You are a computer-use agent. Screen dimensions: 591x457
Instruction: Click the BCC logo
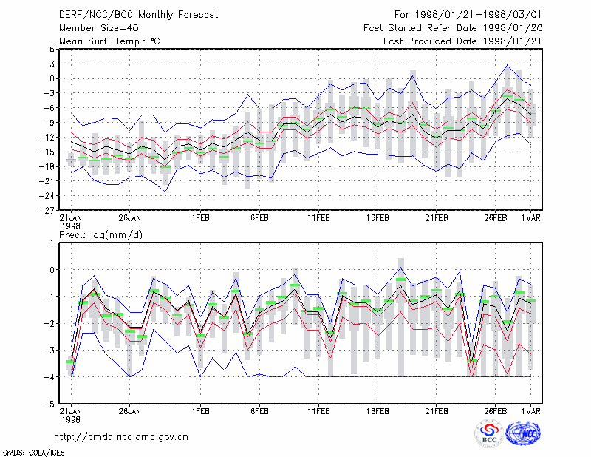coord(488,433)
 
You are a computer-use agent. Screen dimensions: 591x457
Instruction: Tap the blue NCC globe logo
coord(523,433)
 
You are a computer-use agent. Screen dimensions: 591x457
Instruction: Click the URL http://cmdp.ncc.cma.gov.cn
coord(121,437)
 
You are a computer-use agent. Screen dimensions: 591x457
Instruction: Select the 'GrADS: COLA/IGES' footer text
coord(33,453)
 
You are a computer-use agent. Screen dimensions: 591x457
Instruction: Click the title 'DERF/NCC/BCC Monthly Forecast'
coord(138,15)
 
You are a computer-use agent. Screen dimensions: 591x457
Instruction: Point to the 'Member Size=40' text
coord(99,28)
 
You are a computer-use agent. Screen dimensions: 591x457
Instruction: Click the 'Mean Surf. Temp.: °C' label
coord(109,41)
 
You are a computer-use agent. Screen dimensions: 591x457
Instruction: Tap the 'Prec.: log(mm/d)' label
coord(100,235)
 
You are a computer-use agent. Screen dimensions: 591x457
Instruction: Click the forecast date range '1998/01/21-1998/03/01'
coord(478,15)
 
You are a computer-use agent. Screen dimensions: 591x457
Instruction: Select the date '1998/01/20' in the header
coord(512,28)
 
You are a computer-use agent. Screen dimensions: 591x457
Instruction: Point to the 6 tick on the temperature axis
coord(52,49)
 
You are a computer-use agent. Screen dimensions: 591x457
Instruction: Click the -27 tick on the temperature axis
coord(47,210)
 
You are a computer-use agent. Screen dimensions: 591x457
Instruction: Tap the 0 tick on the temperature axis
coord(52,78)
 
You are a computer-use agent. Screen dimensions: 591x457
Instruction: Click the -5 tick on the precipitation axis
coord(49,404)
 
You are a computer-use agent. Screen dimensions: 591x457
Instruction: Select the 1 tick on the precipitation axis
coord(52,243)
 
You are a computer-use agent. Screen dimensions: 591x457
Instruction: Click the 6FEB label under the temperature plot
coord(260,218)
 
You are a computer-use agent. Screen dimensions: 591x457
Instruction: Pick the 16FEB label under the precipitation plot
coord(378,411)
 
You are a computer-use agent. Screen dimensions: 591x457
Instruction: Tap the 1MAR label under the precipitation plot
coord(530,411)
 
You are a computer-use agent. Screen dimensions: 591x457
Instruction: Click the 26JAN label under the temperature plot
coord(130,218)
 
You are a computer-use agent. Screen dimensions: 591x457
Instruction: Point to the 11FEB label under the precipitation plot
coord(318,411)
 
